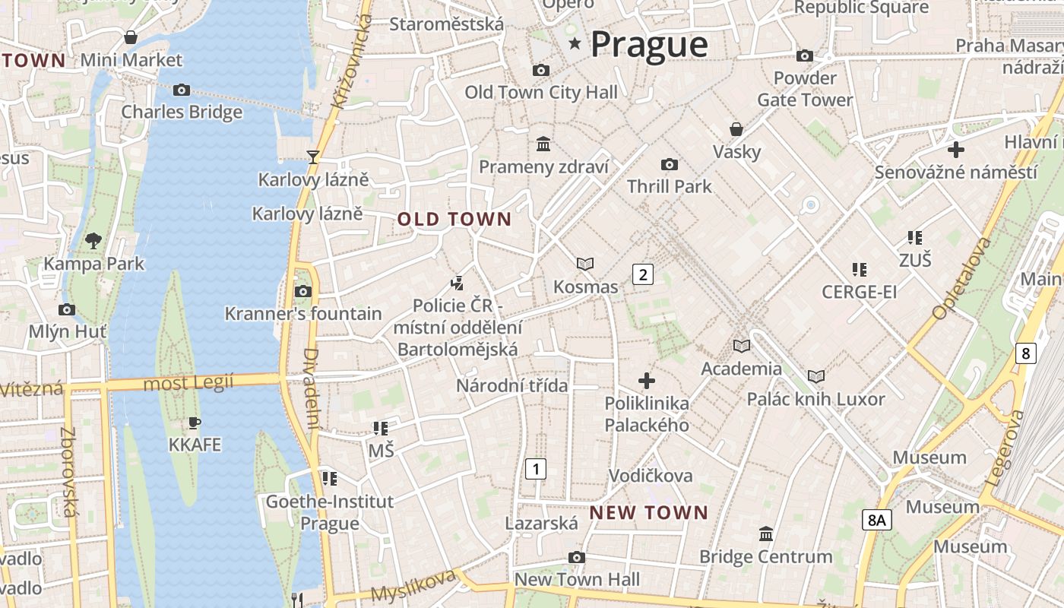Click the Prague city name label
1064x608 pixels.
coord(649,44)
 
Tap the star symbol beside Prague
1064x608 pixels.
coord(575,44)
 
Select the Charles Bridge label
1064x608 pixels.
coord(182,112)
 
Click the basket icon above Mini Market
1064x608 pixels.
coord(131,37)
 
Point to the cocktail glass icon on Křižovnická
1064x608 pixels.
coord(312,157)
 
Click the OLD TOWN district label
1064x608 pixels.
coord(454,220)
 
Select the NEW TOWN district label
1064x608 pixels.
coord(648,512)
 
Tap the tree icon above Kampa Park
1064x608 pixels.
coord(93,241)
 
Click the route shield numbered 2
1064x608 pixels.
coord(643,274)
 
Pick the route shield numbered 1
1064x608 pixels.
coord(536,468)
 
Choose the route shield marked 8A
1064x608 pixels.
coord(877,520)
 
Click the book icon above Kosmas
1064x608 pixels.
coord(585,264)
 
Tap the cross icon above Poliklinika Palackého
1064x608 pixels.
coord(647,380)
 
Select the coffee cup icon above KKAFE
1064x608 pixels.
coord(195,422)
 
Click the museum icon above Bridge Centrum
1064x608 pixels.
coord(766,534)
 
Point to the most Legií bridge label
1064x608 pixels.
coord(188,382)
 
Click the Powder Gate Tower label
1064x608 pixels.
coord(805,89)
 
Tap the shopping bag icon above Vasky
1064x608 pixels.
coord(736,128)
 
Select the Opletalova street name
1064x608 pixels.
coord(961,277)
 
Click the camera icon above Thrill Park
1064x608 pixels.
coord(669,164)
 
